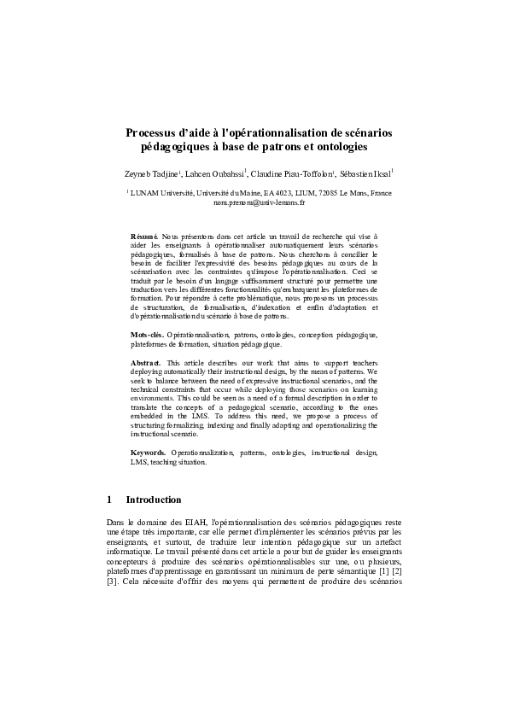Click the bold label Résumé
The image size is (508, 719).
143,232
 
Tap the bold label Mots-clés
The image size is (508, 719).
147,336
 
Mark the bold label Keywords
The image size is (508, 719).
149,450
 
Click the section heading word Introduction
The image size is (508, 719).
153,500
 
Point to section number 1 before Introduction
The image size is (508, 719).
109,500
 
